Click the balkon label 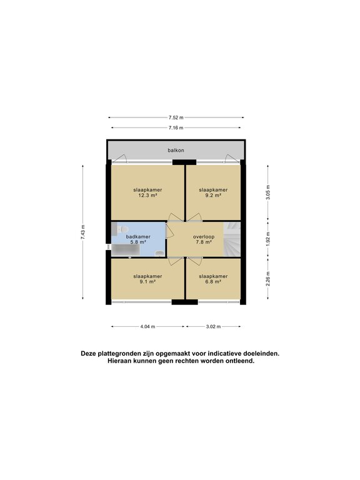point(176,151)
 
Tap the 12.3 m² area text point(147,195)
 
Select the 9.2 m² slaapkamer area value point(213,195)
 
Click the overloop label point(203,237)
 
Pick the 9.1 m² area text point(147,282)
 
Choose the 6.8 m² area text point(213,282)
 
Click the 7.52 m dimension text point(176,117)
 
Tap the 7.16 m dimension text point(176,127)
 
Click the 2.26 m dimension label point(267,276)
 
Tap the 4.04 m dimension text point(147,326)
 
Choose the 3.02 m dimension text point(213,326)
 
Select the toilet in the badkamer point(118,231)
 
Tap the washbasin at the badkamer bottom point(159,253)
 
